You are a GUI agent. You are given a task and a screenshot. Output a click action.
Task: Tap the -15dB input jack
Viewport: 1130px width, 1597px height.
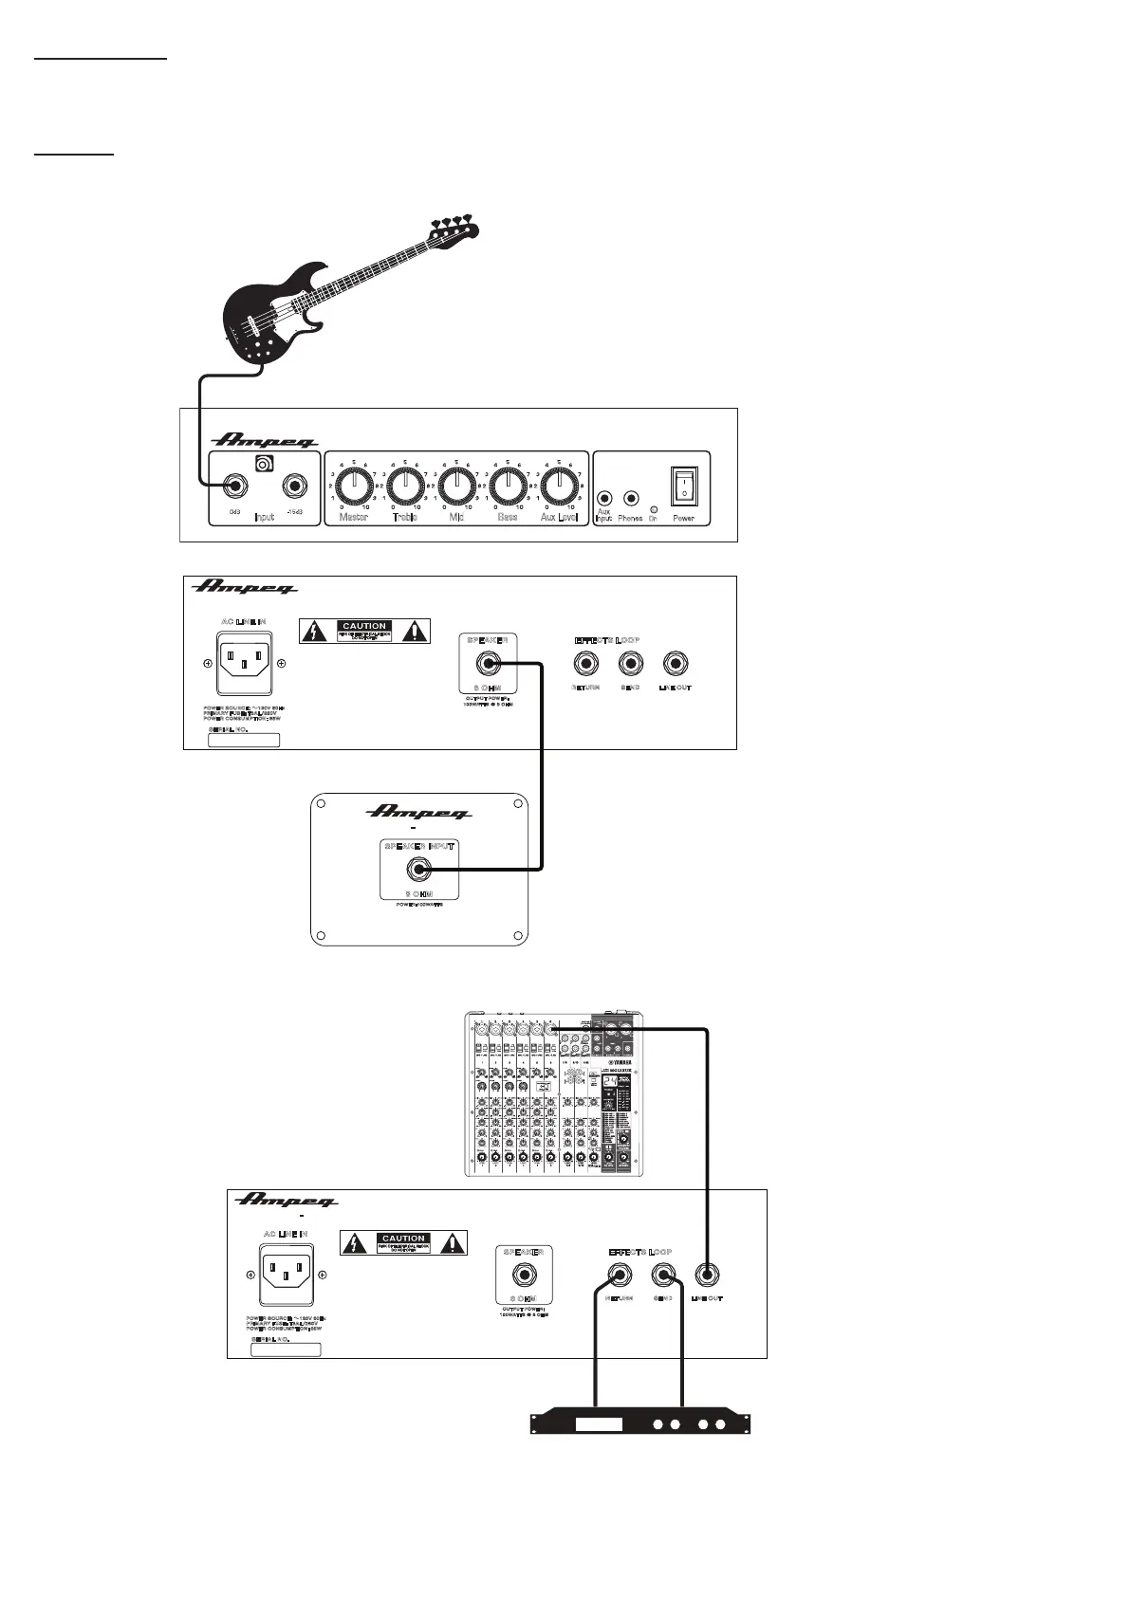click(294, 487)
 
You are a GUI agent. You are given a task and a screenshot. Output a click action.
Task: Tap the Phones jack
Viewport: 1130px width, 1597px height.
click(629, 497)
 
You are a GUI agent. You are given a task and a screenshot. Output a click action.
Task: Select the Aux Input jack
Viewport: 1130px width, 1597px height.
click(604, 497)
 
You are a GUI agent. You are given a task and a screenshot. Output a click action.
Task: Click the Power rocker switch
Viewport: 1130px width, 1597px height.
click(683, 486)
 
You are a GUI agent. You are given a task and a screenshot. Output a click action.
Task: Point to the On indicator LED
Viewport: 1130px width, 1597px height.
click(653, 509)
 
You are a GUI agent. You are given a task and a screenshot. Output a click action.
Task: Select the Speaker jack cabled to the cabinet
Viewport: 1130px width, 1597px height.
click(489, 664)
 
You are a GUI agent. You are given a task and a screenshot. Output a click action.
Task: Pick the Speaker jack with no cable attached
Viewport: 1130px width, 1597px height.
click(524, 1276)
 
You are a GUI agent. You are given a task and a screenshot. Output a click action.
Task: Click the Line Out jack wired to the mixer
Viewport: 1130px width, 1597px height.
click(706, 1276)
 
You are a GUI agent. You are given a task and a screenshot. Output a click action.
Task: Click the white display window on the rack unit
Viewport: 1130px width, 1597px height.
click(599, 1424)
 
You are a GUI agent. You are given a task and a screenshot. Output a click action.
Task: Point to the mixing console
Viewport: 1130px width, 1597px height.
click(554, 1095)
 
